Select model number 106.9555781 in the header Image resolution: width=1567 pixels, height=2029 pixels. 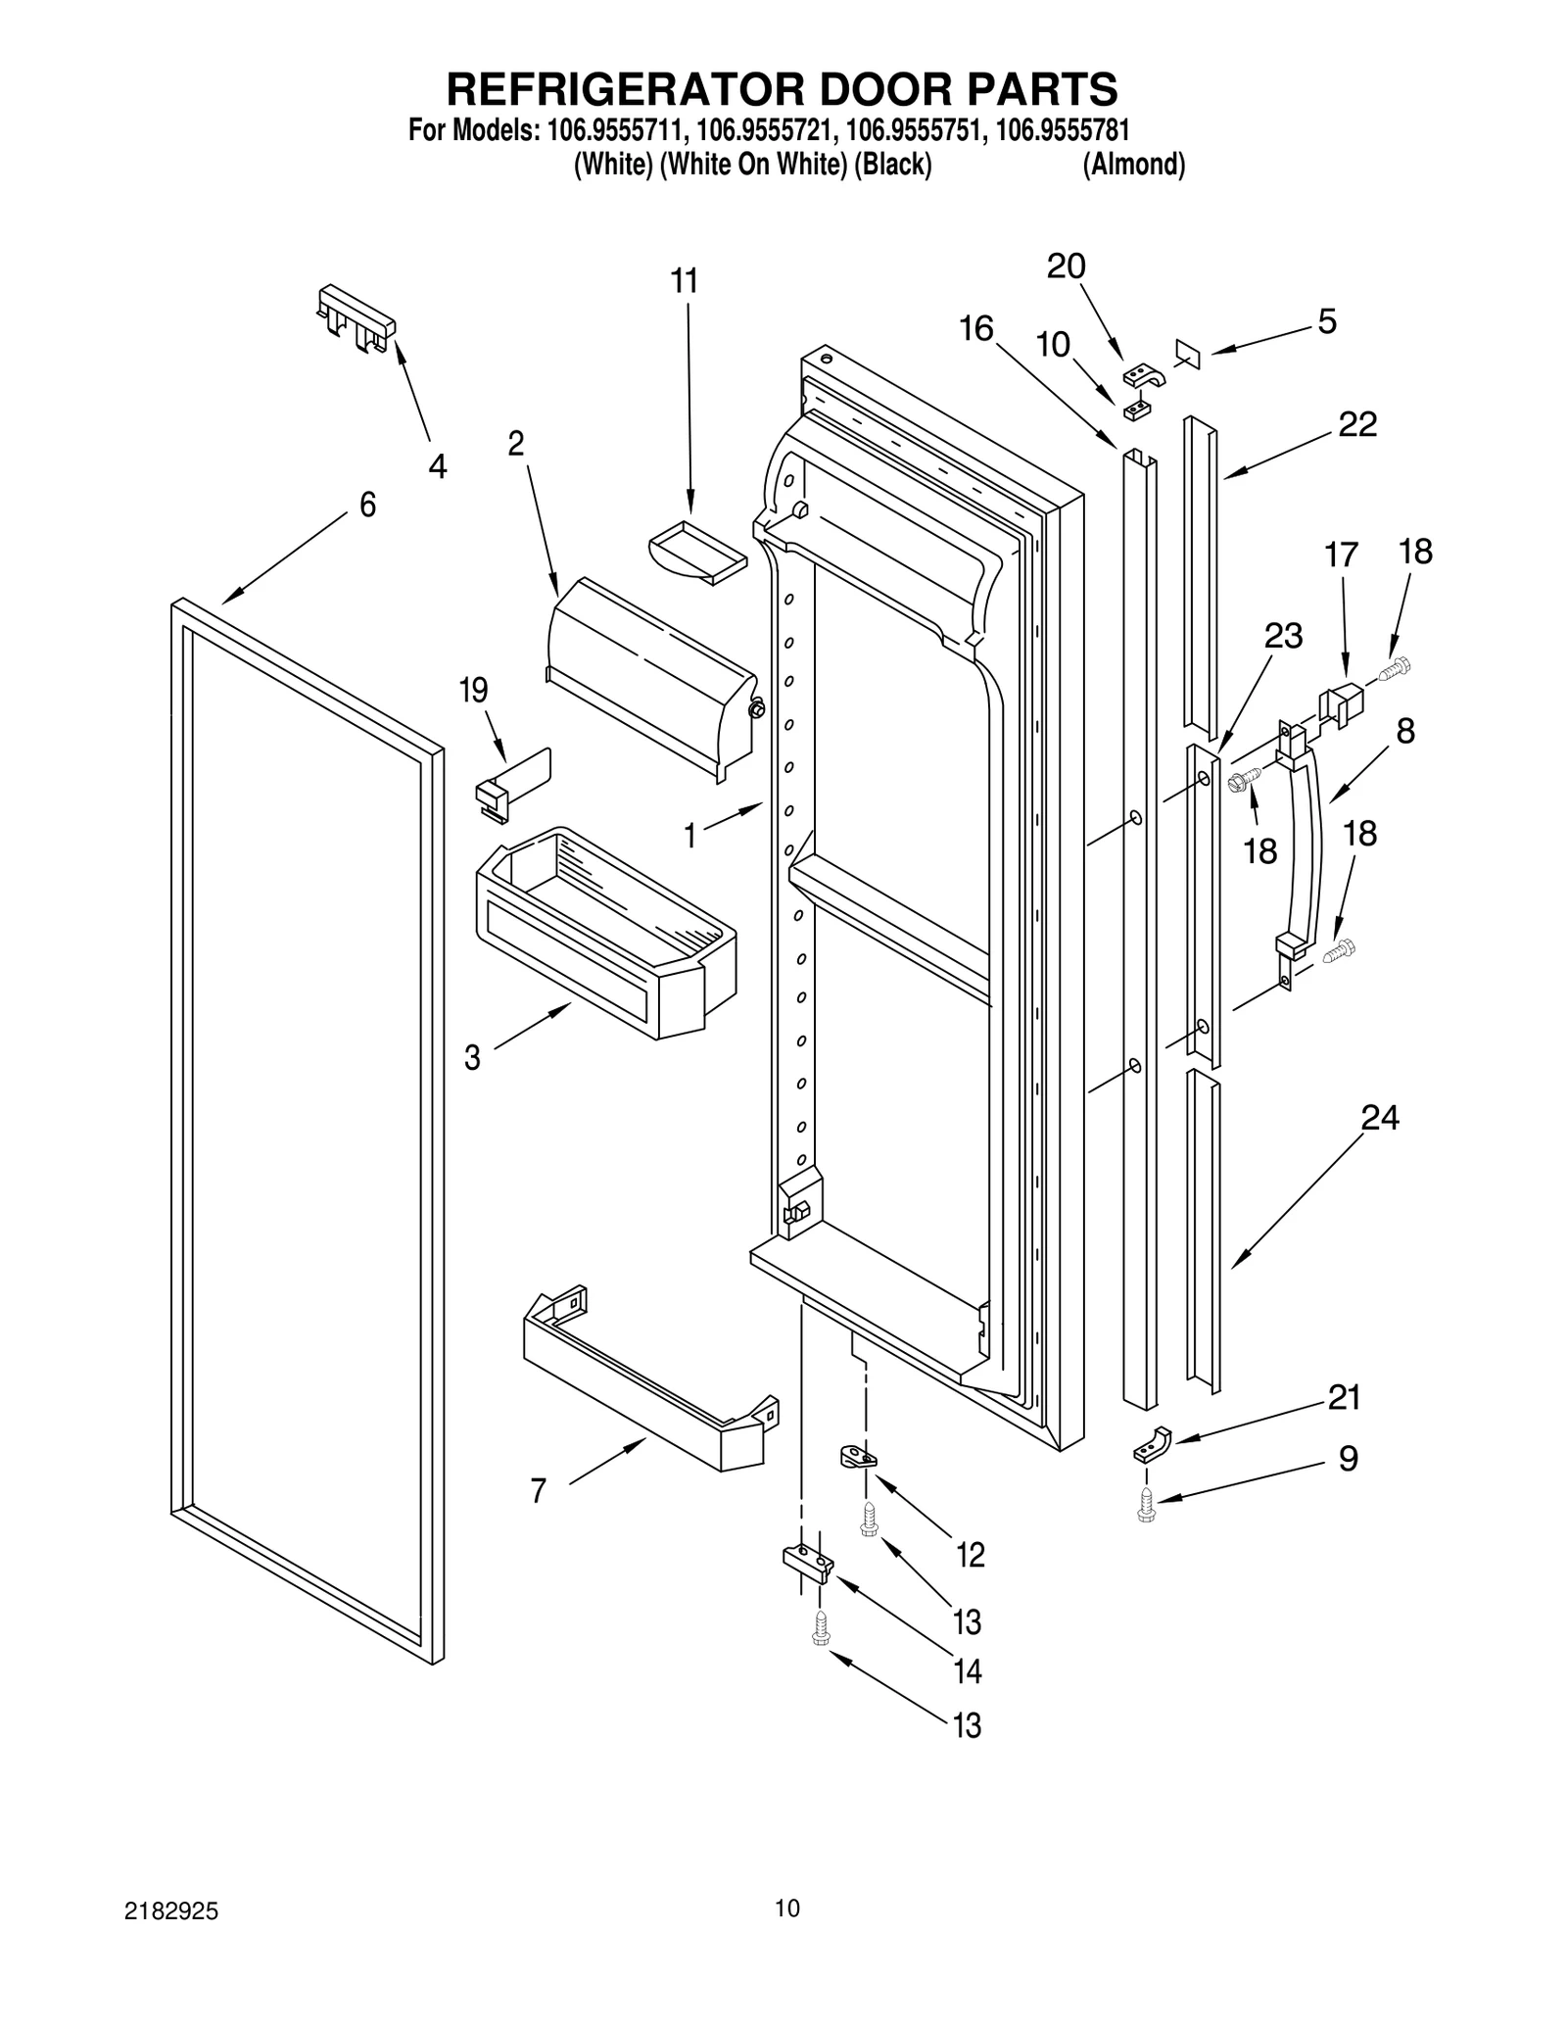pos(1062,130)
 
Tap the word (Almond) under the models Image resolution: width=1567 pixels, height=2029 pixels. pos(1133,165)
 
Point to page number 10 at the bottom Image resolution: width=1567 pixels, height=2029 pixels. pos(786,1907)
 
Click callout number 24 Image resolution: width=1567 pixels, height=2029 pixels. pos(1379,1117)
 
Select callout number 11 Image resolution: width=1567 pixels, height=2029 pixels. pos(684,281)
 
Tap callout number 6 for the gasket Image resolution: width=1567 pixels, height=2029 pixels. pos(367,505)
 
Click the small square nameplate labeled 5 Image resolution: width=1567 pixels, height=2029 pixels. pos(1186,354)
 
